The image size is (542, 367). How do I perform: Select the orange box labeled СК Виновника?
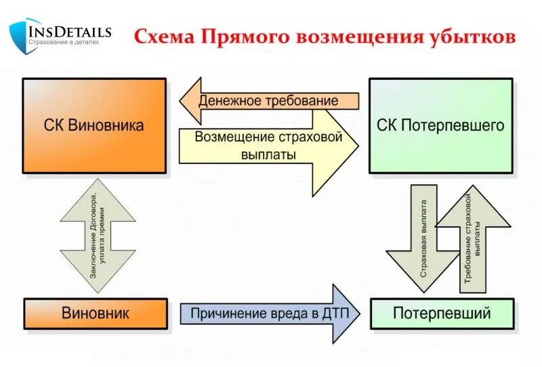tap(94, 125)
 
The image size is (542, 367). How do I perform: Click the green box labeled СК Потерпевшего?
tap(440, 125)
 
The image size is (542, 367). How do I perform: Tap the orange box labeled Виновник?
tap(96, 314)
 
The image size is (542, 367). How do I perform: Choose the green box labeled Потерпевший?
tap(441, 314)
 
